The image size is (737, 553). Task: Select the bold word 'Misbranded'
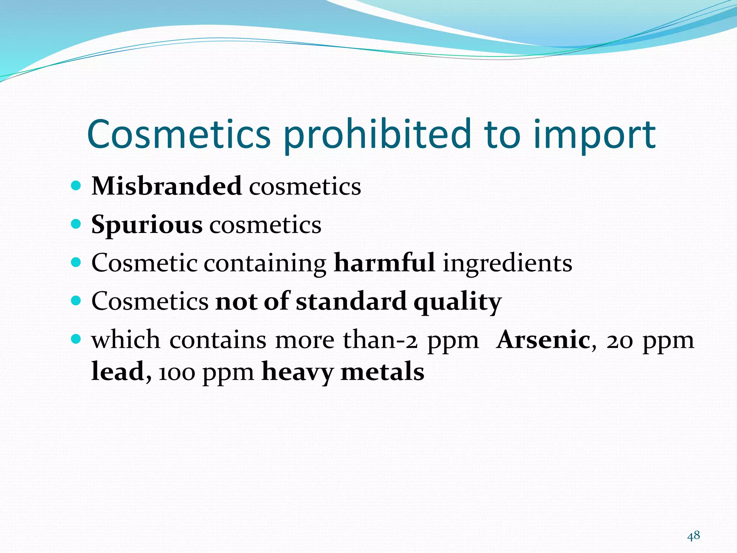(x=166, y=186)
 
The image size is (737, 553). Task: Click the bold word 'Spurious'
(x=147, y=225)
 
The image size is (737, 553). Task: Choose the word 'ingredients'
(x=507, y=263)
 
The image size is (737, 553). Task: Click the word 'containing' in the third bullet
(x=265, y=263)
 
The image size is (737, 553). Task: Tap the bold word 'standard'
(x=351, y=301)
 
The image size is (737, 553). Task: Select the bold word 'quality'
(x=457, y=302)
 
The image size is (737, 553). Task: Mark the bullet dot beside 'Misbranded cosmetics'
(x=76, y=186)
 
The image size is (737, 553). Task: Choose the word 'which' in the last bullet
(x=126, y=340)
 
